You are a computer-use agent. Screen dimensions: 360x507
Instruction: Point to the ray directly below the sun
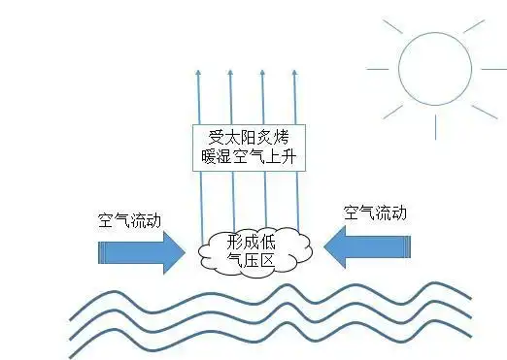pos(434,122)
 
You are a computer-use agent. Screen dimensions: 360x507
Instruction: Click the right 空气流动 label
pos(375,213)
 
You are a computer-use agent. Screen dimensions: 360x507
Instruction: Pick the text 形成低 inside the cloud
pos(251,242)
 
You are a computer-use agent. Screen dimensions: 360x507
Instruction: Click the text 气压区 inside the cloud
pos(251,259)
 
